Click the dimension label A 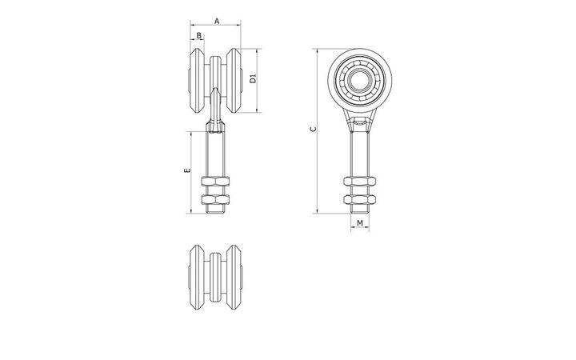[x=217, y=21]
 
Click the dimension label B [x=198, y=36]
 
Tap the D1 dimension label [x=253, y=78]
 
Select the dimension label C [x=313, y=129]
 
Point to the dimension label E [x=187, y=170]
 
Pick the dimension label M [x=360, y=223]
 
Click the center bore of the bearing [x=360, y=80]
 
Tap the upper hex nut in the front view [x=215, y=181]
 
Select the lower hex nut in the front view [x=215, y=199]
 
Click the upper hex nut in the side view [x=360, y=181]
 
